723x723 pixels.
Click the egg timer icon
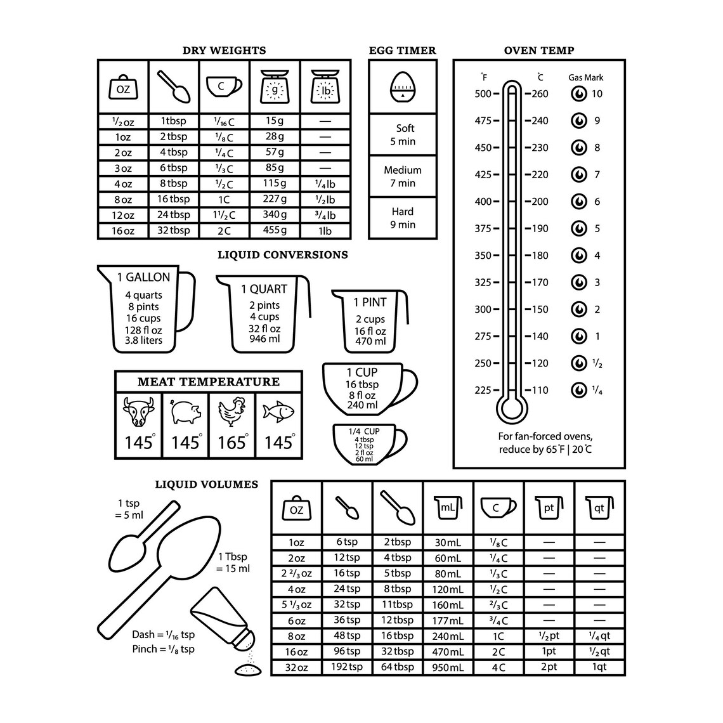[x=402, y=87]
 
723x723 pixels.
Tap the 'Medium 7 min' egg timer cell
[x=402, y=176]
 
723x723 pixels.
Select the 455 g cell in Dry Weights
[x=275, y=230]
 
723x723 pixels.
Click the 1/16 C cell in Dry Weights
[x=224, y=121]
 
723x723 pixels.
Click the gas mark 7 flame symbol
[x=578, y=174]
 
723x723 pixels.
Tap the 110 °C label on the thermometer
[x=539, y=390]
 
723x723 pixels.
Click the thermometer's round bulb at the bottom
[x=511, y=408]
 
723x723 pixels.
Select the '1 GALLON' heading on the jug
[x=143, y=277]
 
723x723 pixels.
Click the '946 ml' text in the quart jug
[x=264, y=339]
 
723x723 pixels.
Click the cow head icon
[x=138, y=412]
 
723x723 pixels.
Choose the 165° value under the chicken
[x=232, y=442]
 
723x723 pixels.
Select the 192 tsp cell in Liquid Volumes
[x=347, y=667]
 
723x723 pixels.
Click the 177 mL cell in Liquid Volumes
[x=448, y=620]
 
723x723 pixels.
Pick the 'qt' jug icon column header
[x=599, y=508]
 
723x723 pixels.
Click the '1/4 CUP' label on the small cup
[x=364, y=431]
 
